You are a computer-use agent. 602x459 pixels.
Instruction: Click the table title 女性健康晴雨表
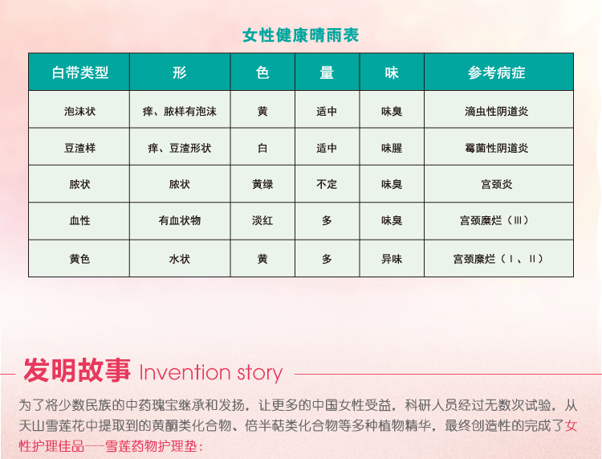click(x=301, y=35)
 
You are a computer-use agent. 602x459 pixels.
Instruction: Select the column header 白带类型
click(x=79, y=72)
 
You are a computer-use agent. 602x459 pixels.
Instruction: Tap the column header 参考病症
click(x=496, y=72)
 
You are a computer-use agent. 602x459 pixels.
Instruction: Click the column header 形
click(x=179, y=72)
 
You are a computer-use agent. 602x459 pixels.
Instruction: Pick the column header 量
click(x=327, y=72)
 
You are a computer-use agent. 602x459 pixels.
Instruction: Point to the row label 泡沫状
click(x=79, y=112)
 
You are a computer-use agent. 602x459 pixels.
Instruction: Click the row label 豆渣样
click(x=79, y=148)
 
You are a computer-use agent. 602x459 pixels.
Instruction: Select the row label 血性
click(x=79, y=221)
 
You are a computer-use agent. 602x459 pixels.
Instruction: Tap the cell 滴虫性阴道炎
click(x=496, y=112)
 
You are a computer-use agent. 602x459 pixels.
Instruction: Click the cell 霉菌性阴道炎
click(x=496, y=148)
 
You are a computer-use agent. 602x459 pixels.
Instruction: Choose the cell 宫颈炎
click(x=496, y=185)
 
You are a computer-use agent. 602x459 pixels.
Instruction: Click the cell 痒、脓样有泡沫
click(x=179, y=112)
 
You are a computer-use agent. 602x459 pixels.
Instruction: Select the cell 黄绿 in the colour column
click(x=262, y=185)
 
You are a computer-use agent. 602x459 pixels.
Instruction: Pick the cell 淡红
click(x=262, y=221)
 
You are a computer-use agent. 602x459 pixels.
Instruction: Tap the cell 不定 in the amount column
click(x=327, y=185)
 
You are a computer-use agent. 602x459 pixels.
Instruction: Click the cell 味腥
click(x=392, y=148)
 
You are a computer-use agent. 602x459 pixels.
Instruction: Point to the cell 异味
click(x=392, y=259)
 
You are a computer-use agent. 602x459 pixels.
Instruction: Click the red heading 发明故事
click(x=77, y=370)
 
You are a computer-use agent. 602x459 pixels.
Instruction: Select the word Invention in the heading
click(x=185, y=372)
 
